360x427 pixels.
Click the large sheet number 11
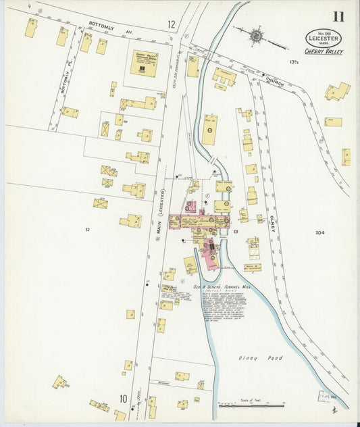pos(338,17)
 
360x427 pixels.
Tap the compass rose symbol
pos(257,34)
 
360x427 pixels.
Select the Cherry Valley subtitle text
pos(324,52)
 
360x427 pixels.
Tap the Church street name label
pos(274,81)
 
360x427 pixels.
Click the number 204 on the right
pos(319,233)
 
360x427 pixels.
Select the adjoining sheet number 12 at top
pos(172,24)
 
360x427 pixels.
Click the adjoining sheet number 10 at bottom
pos(124,399)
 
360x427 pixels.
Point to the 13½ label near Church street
pos(294,62)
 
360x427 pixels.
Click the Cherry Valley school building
pos(143,62)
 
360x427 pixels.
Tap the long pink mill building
pos(199,222)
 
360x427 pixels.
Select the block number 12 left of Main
pos(87,230)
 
